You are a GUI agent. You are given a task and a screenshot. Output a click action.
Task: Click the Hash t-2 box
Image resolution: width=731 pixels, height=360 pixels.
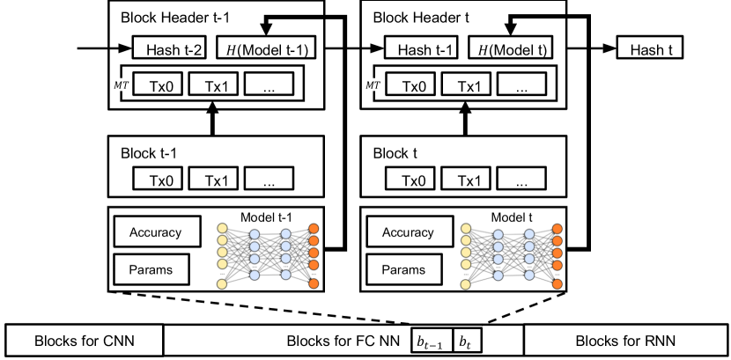pos(169,49)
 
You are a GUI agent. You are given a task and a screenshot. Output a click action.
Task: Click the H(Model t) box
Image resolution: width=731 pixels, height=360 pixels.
pos(510,49)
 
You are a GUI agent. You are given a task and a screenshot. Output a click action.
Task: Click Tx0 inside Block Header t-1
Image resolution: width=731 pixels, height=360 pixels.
pos(159,85)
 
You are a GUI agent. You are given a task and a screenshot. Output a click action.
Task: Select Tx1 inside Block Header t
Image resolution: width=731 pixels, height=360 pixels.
pos(468,85)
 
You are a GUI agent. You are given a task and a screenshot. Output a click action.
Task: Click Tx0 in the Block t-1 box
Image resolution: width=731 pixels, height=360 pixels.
pos(159,180)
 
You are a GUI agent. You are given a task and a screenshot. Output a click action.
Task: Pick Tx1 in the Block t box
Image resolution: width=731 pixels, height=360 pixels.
pos(468,180)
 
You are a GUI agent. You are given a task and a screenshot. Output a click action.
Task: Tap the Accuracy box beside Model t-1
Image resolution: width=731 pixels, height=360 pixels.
pos(155,232)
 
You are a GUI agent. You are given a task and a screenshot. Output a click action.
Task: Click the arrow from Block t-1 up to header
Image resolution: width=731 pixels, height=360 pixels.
pos(210,122)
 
